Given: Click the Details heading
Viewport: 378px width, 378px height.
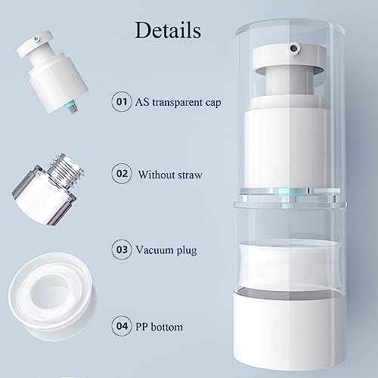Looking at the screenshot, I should click(167, 30).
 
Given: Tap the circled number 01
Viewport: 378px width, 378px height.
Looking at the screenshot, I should click(120, 101).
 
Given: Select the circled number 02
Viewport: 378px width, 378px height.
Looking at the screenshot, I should click(120, 174).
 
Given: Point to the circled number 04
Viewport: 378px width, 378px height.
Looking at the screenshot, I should click(120, 327).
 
